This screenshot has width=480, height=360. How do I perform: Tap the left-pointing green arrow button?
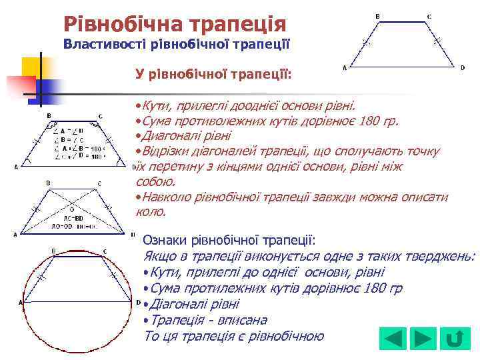[x=393, y=339]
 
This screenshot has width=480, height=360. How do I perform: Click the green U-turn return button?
[x=454, y=339]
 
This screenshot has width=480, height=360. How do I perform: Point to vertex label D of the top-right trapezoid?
[x=463, y=67]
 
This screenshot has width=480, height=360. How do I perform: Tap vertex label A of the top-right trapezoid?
[x=344, y=67]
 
